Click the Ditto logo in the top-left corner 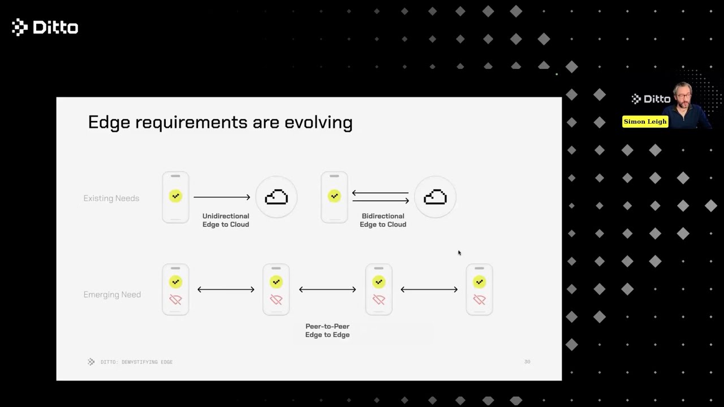(x=45, y=27)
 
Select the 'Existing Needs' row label (x=111, y=198)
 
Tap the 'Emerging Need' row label (x=112, y=295)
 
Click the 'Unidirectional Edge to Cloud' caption (x=226, y=220)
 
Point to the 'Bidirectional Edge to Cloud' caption (x=383, y=220)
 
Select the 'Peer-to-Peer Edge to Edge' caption (x=327, y=331)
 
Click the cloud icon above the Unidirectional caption (x=277, y=197)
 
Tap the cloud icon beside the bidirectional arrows (x=435, y=197)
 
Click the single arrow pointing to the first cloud (x=222, y=197)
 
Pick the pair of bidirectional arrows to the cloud (x=380, y=197)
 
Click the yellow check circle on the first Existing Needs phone (x=175, y=196)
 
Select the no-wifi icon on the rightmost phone (x=480, y=300)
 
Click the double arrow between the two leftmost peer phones (x=226, y=289)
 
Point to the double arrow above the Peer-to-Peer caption (x=327, y=289)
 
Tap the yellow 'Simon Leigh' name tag (x=645, y=122)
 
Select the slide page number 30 (x=527, y=362)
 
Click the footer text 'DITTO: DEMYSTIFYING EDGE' (x=136, y=362)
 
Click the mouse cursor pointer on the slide (x=459, y=253)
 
